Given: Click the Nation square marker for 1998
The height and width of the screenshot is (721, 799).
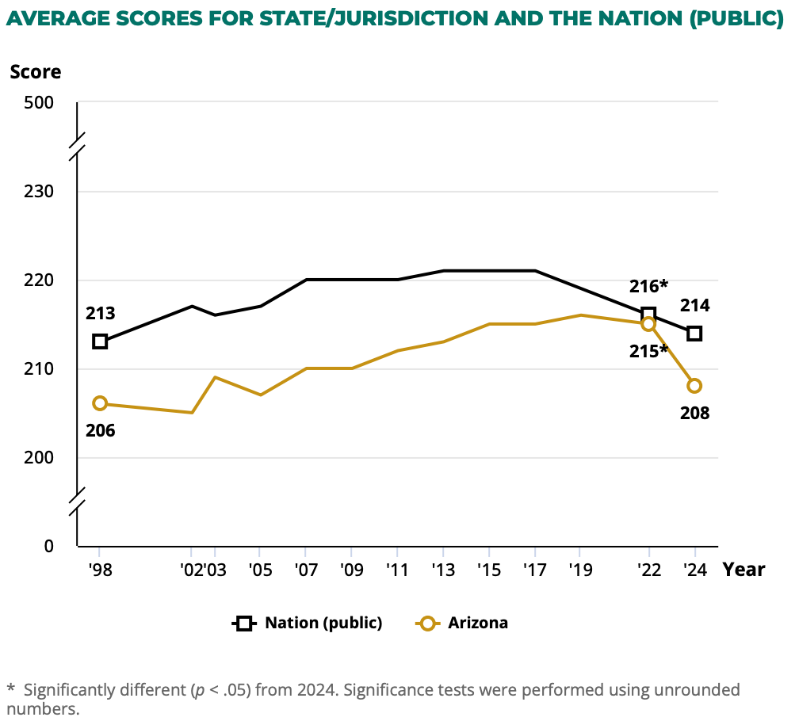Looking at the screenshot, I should click(x=100, y=341).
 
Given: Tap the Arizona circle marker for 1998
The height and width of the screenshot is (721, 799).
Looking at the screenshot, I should click(x=100, y=403).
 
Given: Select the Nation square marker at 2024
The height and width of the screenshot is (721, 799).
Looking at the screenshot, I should click(x=694, y=334).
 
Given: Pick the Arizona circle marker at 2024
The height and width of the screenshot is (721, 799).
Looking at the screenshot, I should click(x=694, y=386).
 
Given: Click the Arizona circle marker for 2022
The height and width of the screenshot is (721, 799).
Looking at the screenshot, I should click(x=648, y=323).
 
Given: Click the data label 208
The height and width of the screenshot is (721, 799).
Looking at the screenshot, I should click(x=694, y=413).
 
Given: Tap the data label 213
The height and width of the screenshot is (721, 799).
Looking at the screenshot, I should click(x=100, y=314).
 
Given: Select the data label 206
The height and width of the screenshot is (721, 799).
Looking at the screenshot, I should click(x=100, y=431).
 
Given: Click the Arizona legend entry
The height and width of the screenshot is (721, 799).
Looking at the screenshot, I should click(x=478, y=623).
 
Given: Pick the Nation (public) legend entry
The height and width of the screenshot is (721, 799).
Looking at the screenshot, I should click(x=323, y=623).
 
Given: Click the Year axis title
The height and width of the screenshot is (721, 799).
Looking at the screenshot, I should click(x=744, y=569).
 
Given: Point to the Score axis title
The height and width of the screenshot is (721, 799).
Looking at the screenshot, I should click(x=36, y=71).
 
